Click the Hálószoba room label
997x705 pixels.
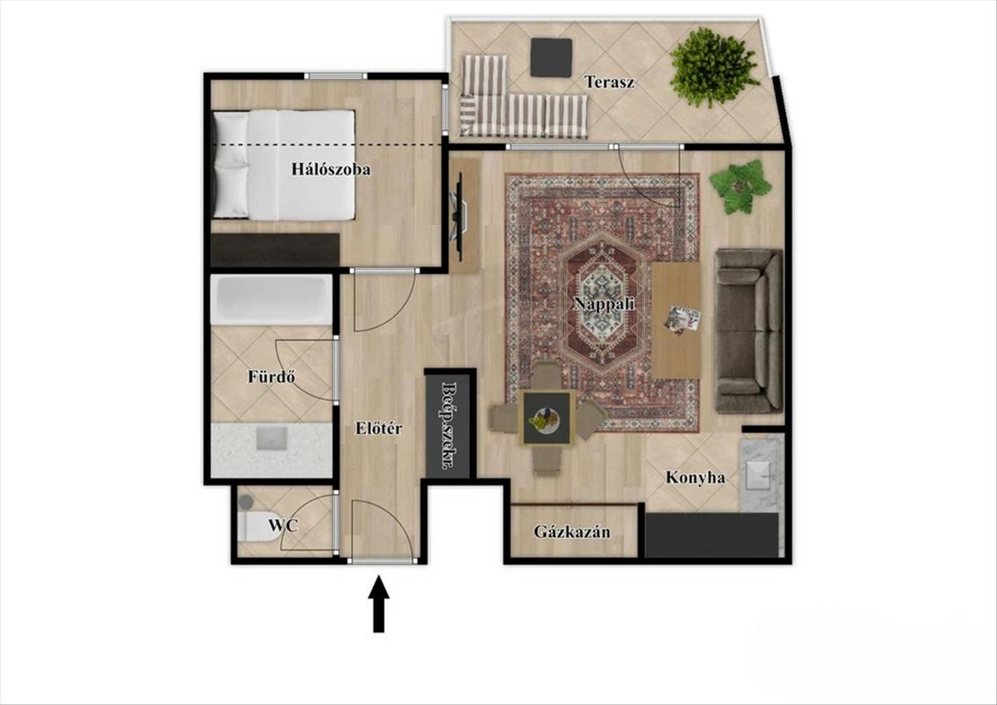tap(331, 169)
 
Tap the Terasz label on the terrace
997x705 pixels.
tap(609, 82)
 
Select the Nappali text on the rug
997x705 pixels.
tap(603, 304)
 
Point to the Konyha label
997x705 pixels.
tap(695, 477)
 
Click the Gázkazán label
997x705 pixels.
tap(572, 532)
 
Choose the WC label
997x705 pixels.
tap(282, 526)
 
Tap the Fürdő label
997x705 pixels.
tap(271, 377)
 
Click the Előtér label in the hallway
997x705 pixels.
tap(379, 428)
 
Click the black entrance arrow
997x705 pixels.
tap(379, 603)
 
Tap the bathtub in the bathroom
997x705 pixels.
tap(271, 300)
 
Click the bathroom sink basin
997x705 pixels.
tap(271, 439)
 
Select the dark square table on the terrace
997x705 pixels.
tap(551, 58)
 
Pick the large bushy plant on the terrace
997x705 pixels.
tap(713, 66)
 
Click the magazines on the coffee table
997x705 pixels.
tap(683, 319)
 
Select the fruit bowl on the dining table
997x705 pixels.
tap(544, 419)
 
